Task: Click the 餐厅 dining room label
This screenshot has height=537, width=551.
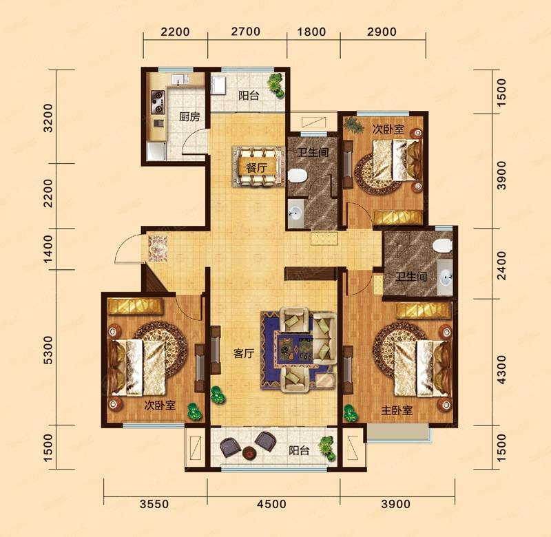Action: (x=256, y=167)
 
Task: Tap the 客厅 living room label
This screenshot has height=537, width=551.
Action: (x=244, y=353)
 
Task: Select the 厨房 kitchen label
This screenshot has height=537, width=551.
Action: (x=189, y=116)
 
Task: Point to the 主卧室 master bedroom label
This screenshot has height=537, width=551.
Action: (x=397, y=410)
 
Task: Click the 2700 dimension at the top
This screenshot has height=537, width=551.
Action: (x=246, y=32)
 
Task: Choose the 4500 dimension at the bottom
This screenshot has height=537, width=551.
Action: (x=271, y=505)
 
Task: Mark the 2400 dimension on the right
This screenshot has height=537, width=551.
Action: (x=502, y=265)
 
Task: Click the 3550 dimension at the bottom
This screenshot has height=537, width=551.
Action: (x=154, y=505)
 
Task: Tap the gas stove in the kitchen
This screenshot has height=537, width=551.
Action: (x=158, y=102)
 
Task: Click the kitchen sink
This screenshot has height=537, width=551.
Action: (x=180, y=79)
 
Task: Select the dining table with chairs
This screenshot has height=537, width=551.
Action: (x=258, y=167)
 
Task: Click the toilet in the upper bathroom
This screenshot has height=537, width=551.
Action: (x=298, y=176)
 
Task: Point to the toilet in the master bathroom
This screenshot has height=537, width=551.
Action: (x=441, y=246)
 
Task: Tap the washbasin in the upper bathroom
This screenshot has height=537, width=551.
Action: (x=295, y=213)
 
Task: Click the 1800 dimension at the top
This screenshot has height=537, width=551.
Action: (x=312, y=32)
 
